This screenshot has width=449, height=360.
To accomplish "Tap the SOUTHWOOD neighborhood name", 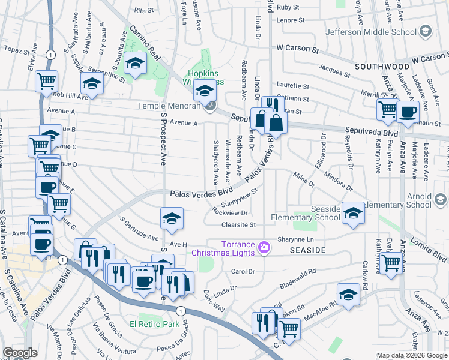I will click(381, 65).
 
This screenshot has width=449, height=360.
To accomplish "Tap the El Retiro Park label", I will click(155, 325).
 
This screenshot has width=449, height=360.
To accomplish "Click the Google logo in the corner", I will click(20, 353).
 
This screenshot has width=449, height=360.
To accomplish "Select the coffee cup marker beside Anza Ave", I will click(408, 112).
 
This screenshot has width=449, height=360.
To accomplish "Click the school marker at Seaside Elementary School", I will click(354, 213).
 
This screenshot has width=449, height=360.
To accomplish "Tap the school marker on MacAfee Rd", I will click(348, 295).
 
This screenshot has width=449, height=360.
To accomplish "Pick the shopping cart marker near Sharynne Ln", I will click(391, 262).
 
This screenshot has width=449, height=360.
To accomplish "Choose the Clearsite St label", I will click(238, 225).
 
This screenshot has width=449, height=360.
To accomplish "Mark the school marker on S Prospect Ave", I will click(172, 218).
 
